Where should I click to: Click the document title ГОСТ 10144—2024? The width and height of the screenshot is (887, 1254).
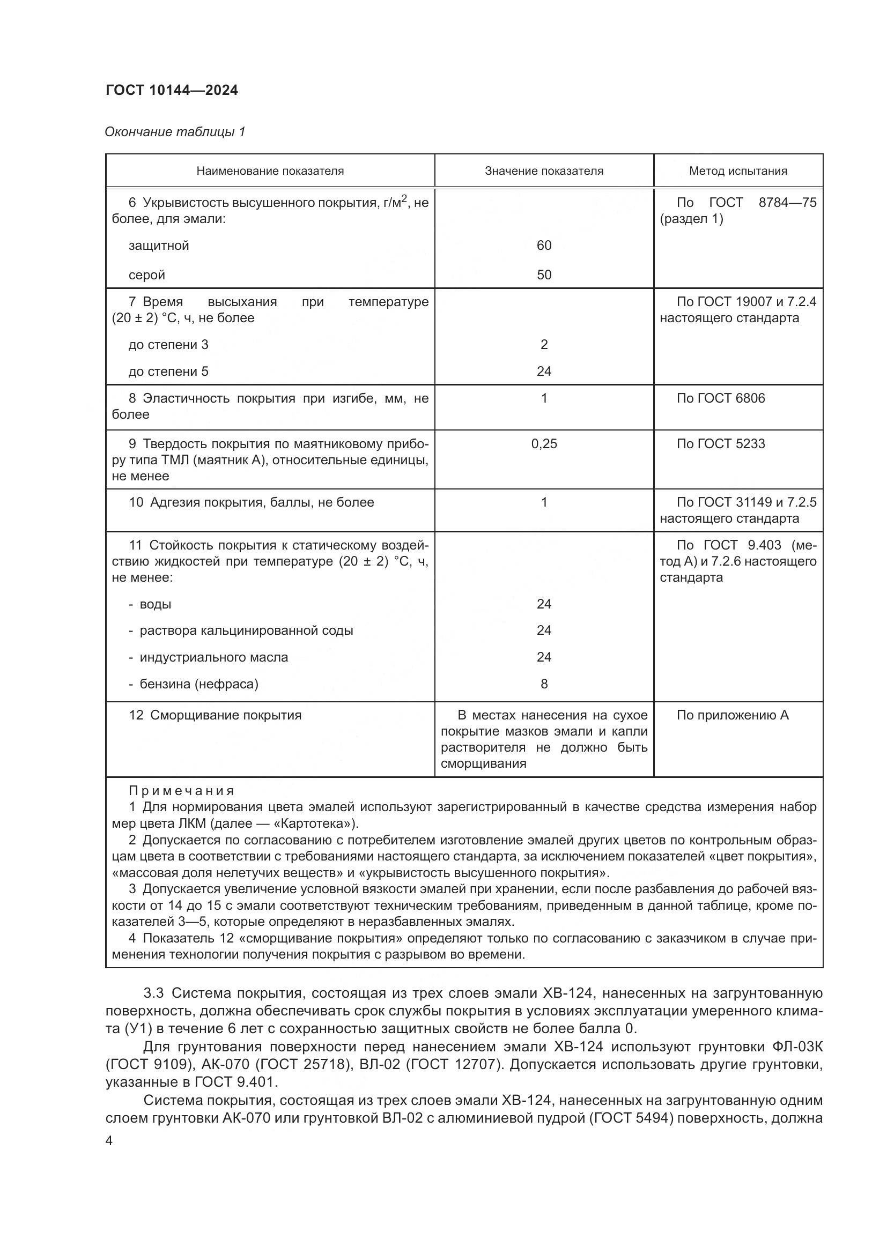pyautogui.click(x=172, y=91)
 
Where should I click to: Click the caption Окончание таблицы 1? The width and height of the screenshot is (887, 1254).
pyautogui.click(x=175, y=132)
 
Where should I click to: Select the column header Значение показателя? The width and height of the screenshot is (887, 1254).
pyautogui.click(x=543, y=171)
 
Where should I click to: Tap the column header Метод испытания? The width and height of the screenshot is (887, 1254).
pyautogui.click(x=738, y=171)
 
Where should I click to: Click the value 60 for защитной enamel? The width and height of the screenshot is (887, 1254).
pyautogui.click(x=543, y=246)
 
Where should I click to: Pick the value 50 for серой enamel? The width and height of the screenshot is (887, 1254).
pyautogui.click(x=543, y=275)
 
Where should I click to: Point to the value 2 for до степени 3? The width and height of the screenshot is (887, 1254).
pyautogui.click(x=543, y=345)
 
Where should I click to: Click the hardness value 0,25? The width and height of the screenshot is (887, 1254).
pyautogui.click(x=543, y=444)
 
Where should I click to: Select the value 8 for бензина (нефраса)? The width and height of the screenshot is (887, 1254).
pyautogui.click(x=543, y=684)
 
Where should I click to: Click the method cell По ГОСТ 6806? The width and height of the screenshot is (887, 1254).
pyautogui.click(x=720, y=398)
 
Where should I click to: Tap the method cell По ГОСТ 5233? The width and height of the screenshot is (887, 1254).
pyautogui.click(x=720, y=444)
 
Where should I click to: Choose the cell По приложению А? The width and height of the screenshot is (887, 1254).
pyautogui.click(x=733, y=716)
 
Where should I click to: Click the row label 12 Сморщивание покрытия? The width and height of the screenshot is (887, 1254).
pyautogui.click(x=215, y=716)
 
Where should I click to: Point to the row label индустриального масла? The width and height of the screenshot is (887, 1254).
pyautogui.click(x=213, y=658)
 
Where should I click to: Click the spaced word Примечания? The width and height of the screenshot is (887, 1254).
pyautogui.click(x=181, y=791)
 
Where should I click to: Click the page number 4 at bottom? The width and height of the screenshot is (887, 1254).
pyautogui.click(x=109, y=1141)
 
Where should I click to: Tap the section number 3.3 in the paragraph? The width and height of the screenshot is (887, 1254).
pyautogui.click(x=153, y=993)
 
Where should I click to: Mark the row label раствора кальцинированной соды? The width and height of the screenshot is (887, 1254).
pyautogui.click(x=246, y=631)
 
